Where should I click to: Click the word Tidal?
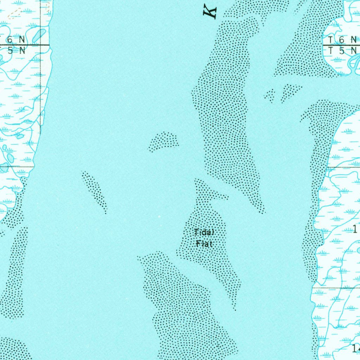(x=204, y=232)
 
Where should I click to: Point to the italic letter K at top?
(x=210, y=12)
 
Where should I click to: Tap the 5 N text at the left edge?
(x=15, y=51)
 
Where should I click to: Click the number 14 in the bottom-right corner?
(x=356, y=348)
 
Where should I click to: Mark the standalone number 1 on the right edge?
(x=355, y=230)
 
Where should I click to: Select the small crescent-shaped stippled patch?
(x=164, y=141)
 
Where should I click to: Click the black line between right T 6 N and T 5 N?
(x=341, y=45)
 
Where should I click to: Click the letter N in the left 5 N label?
(x=22, y=51)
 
